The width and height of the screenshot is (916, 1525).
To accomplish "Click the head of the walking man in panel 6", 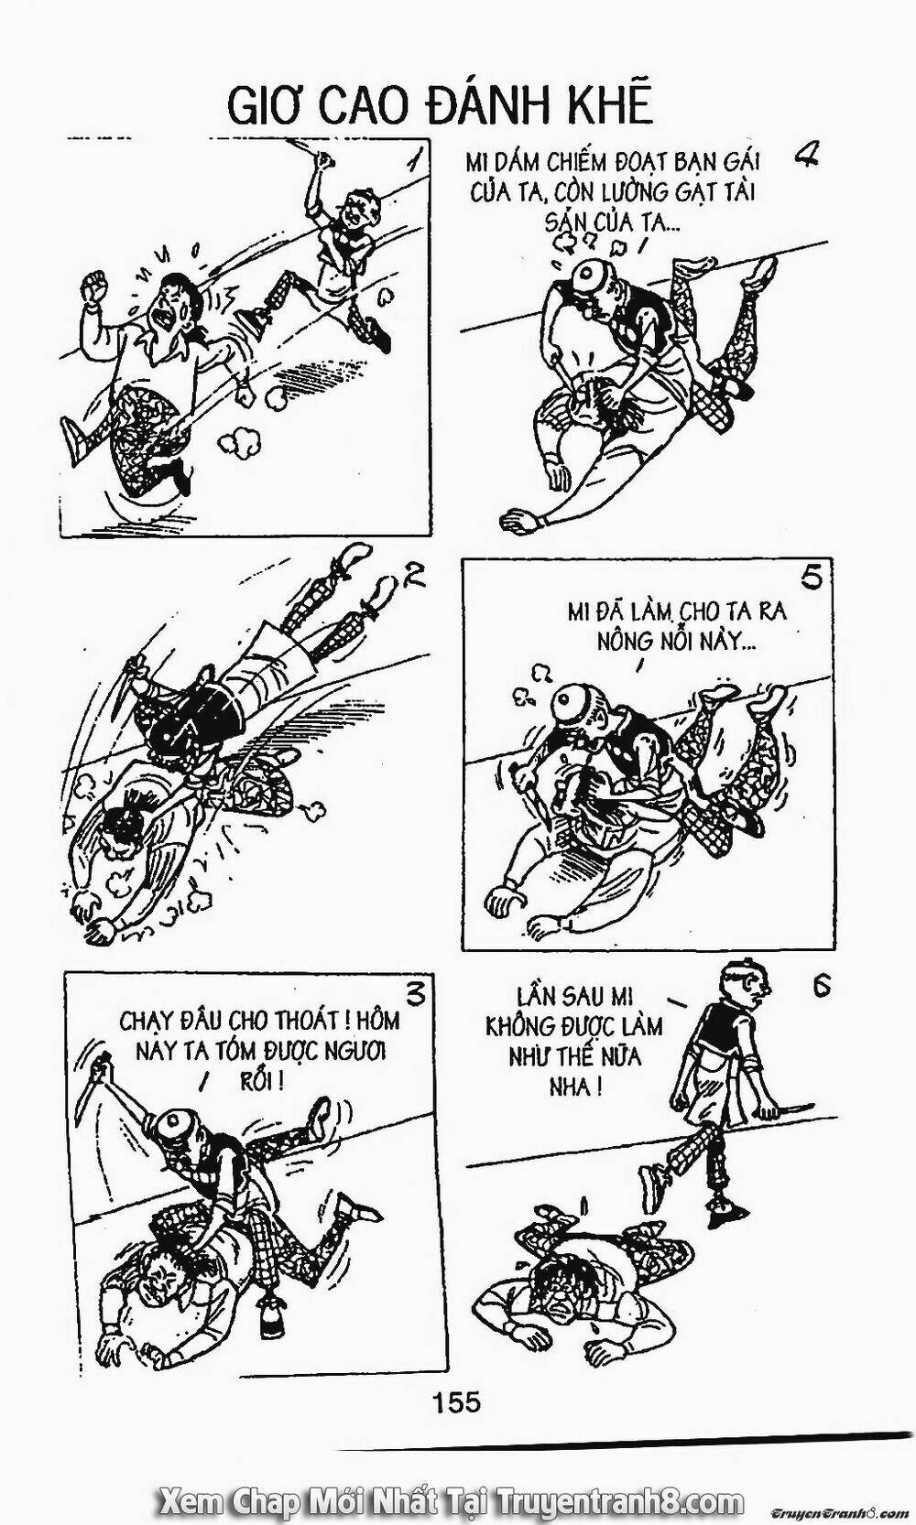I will pyautogui.click(x=747, y=983).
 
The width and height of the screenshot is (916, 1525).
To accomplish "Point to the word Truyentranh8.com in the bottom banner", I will pyautogui.click(x=618, y=1502).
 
